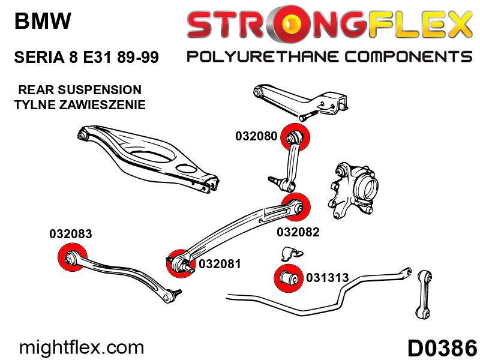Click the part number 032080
[256, 136]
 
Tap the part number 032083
[71, 234]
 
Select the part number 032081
[220, 264]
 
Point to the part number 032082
[298, 232]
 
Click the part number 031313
[327, 278]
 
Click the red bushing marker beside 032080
[295, 137]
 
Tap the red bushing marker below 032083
[72, 257]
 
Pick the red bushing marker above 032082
[296, 207]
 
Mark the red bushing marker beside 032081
[180, 263]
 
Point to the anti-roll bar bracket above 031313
[292, 253]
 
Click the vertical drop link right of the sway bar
[424, 294]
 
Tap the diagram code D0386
[442, 348]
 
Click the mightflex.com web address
[82, 348]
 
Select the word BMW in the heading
[43, 21]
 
